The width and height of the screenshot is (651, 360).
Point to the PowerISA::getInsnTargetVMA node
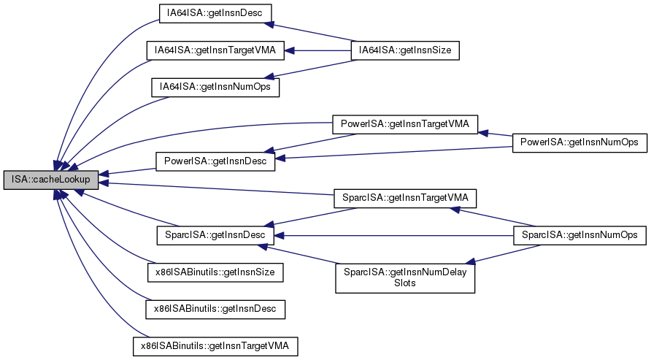click(x=405, y=124)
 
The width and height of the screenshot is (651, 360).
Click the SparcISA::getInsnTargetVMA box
click(x=405, y=197)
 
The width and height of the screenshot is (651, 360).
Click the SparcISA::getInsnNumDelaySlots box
click(x=405, y=276)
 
